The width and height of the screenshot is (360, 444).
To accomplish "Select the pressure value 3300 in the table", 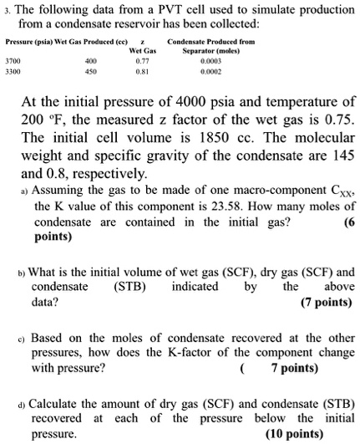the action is click(x=14, y=72).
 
